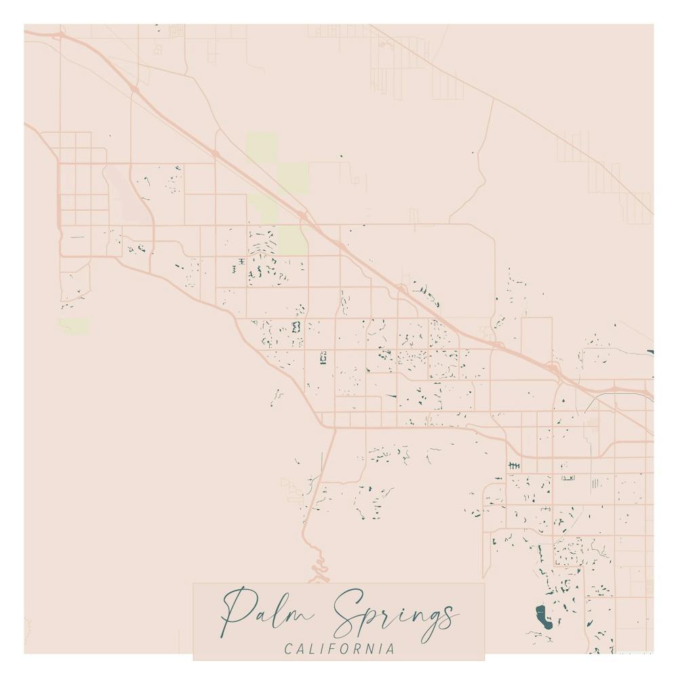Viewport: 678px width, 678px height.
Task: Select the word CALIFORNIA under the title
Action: click(x=339, y=649)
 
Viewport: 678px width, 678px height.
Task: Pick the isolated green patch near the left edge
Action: click(x=74, y=325)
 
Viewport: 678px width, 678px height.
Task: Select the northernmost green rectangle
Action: click(x=261, y=146)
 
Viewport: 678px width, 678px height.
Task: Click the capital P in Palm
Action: click(x=237, y=610)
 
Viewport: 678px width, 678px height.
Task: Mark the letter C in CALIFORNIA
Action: click(x=288, y=649)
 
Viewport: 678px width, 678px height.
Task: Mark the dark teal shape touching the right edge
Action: click(x=650, y=352)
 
